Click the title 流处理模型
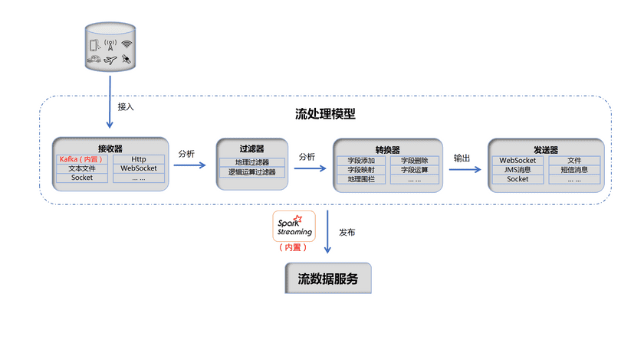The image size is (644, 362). pyautogui.click(x=325, y=114)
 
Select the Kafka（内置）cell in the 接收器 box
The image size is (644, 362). pyautogui.click(x=83, y=159)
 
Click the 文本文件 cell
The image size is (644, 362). pyautogui.click(x=83, y=168)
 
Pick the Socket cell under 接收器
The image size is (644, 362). pyautogui.click(x=83, y=178)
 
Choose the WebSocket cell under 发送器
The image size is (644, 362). pyautogui.click(x=517, y=160)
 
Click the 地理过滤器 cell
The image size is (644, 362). pyautogui.click(x=251, y=163)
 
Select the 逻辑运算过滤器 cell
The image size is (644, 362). pyautogui.click(x=251, y=173)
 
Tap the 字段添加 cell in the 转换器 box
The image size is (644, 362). pyautogui.click(x=361, y=161)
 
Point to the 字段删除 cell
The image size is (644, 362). pyautogui.click(x=414, y=161)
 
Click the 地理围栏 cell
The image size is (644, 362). pyautogui.click(x=361, y=179)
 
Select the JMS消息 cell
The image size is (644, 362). pyautogui.click(x=517, y=170)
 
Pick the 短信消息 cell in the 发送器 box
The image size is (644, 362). pyautogui.click(x=573, y=170)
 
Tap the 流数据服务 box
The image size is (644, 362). pyautogui.click(x=327, y=279)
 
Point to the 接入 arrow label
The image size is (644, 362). pyautogui.click(x=126, y=106)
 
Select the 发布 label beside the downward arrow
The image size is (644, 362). pyautogui.click(x=347, y=232)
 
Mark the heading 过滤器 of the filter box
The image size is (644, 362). pyautogui.click(x=251, y=149)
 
